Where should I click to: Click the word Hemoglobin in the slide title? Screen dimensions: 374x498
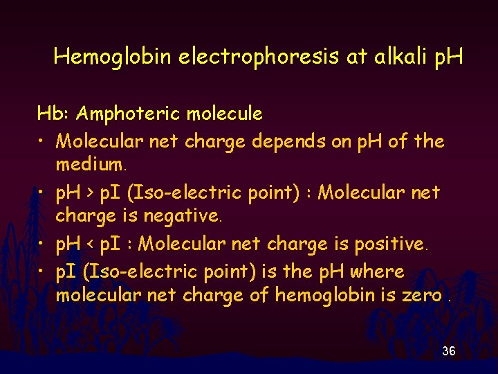pos(112,57)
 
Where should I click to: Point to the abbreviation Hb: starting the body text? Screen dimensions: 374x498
pos(53,113)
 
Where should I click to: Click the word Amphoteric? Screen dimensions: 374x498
pos(127,113)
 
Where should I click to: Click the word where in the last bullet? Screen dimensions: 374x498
pos(378,271)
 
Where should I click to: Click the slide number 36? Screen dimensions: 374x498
pos(449,352)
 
